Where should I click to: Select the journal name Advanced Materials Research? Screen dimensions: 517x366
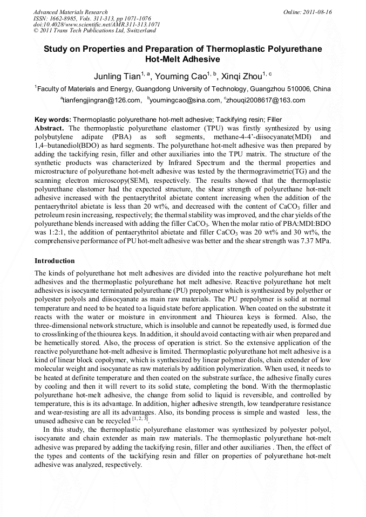[x=70, y=12]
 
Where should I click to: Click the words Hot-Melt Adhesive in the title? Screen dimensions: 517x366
[x=183, y=59]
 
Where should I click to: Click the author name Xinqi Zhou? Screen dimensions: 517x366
[x=241, y=77]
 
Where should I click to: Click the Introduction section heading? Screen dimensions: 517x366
[x=55, y=261]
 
